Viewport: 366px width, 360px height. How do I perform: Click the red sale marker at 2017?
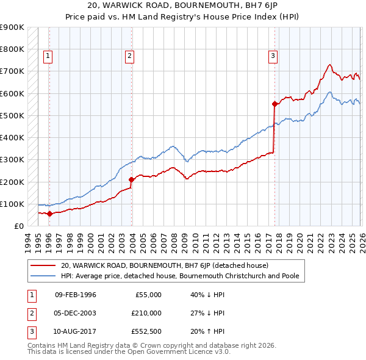pyautogui.click(x=274, y=104)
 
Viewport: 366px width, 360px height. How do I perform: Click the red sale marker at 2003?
pyautogui.click(x=132, y=179)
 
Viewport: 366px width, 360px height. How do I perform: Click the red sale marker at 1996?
pyautogui.click(x=49, y=214)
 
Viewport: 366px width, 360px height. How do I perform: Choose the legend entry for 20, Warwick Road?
pyautogui.click(x=168, y=265)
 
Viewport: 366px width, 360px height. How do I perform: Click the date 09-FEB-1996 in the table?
pyautogui.click(x=75, y=295)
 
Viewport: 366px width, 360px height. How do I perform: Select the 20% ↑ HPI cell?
pyautogui.click(x=207, y=331)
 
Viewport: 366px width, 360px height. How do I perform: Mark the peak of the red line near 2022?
pyautogui.click(x=329, y=65)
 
